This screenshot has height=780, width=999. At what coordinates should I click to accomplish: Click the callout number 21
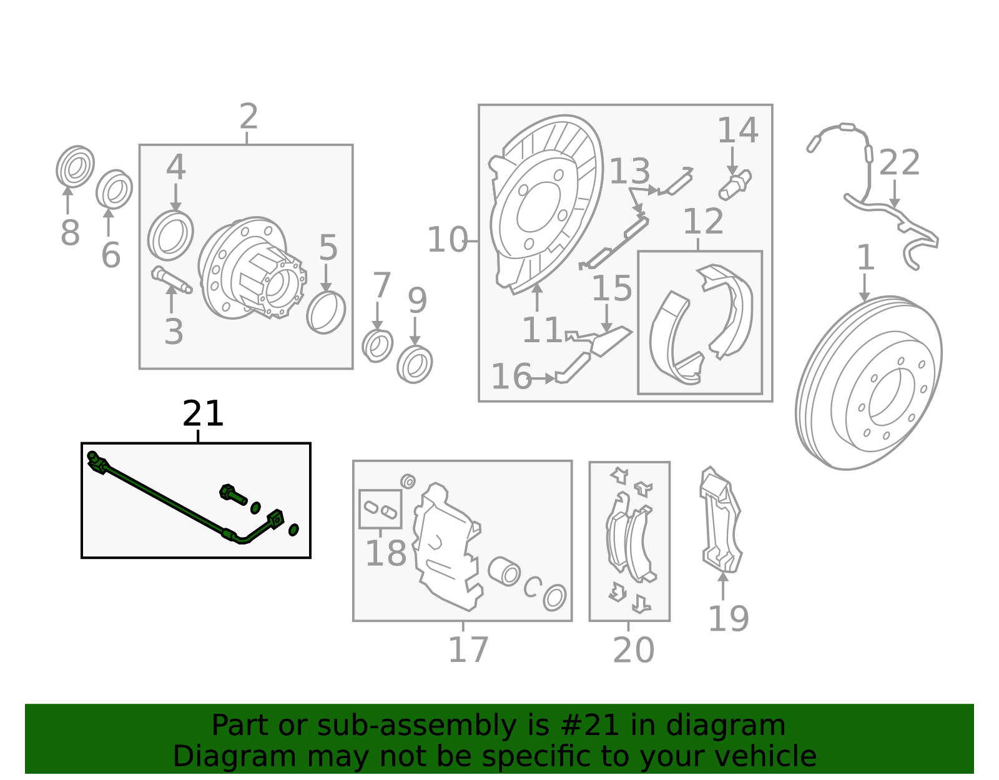click(x=202, y=414)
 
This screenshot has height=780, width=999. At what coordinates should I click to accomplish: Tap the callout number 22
click(x=899, y=163)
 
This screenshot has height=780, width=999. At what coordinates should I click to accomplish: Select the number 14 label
click(x=737, y=131)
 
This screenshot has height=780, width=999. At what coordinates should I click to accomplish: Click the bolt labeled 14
click(x=735, y=185)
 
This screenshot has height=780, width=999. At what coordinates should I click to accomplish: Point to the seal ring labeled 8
click(x=75, y=167)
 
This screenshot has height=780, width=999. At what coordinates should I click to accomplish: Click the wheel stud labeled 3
click(x=171, y=279)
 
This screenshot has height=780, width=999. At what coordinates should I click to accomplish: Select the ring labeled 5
click(x=326, y=312)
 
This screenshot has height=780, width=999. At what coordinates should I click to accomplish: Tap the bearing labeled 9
click(x=415, y=364)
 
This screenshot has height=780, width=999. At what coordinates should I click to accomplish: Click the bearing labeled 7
click(x=377, y=346)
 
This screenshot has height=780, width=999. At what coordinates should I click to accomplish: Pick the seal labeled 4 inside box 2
click(x=170, y=235)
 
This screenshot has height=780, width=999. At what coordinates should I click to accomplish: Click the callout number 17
click(x=468, y=650)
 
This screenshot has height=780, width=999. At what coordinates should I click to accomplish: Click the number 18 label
click(x=385, y=553)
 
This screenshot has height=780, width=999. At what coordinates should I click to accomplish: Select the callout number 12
click(x=703, y=222)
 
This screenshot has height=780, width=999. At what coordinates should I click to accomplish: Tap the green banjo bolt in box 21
click(x=232, y=495)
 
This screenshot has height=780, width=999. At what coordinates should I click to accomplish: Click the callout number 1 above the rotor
click(x=865, y=258)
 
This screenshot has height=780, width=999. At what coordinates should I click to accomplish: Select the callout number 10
click(x=447, y=240)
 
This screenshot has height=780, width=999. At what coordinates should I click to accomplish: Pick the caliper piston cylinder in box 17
click(x=504, y=571)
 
